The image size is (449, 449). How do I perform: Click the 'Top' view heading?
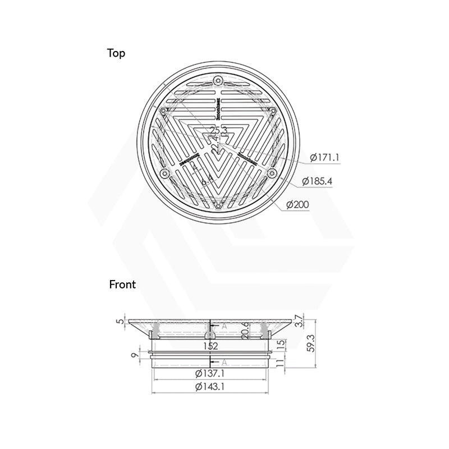(x=116, y=54)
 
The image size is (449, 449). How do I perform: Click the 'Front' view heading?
(x=122, y=285)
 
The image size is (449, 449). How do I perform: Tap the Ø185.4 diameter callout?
(x=318, y=181)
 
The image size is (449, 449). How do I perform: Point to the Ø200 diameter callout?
(x=299, y=205)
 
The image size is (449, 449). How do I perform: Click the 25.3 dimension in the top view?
(x=218, y=131)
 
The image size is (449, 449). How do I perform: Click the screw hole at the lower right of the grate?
(x=273, y=172)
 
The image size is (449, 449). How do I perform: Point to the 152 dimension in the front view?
(x=210, y=346)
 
